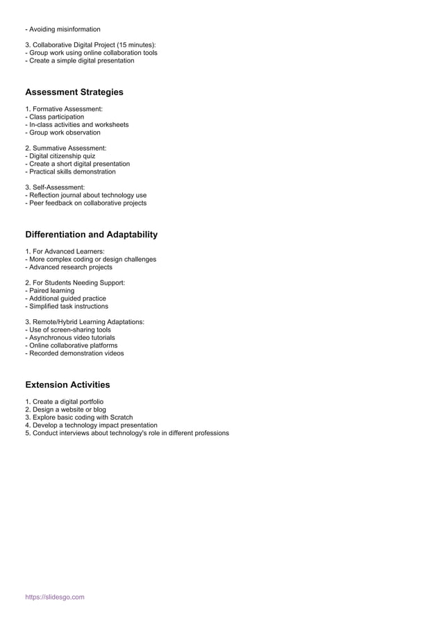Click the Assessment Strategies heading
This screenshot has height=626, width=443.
[x=74, y=92]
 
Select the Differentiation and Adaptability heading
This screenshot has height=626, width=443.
[x=91, y=235]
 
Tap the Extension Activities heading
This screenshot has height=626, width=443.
[x=67, y=384]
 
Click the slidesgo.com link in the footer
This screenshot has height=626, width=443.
[x=55, y=597]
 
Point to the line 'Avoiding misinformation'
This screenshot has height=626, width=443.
[x=63, y=29]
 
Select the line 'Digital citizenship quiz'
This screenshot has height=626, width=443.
[x=60, y=156]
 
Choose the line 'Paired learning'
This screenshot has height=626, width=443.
[x=50, y=291]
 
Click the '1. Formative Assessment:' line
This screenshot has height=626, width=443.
[x=64, y=110]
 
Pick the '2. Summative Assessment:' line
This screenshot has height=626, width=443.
[x=65, y=149]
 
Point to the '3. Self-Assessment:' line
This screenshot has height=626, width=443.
[x=55, y=187]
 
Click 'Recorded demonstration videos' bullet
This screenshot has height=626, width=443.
[x=75, y=353]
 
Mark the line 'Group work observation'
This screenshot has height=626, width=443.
[x=63, y=133]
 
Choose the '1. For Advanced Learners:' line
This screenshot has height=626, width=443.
[x=65, y=251]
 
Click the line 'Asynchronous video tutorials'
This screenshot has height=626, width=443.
[x=70, y=337]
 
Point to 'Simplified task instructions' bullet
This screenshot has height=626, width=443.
[x=67, y=306]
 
